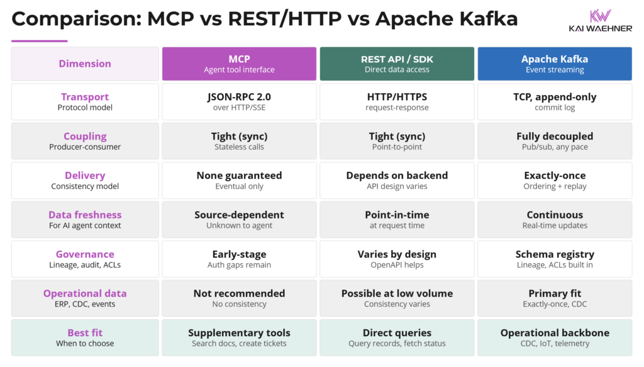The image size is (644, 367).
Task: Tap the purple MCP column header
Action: [x=239, y=64]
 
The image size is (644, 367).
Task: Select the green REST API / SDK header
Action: [x=397, y=64]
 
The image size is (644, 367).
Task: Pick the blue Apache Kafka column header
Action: [x=555, y=64]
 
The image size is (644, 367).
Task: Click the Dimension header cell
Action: [x=85, y=64]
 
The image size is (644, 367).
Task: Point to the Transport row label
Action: [x=85, y=101]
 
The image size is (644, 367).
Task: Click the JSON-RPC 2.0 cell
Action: [x=239, y=101]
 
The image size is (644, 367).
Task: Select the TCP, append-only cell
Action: [x=555, y=101]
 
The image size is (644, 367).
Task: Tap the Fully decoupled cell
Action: [x=555, y=141]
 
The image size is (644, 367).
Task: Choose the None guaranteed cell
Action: [x=239, y=180]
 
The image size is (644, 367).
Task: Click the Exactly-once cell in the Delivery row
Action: [x=555, y=180]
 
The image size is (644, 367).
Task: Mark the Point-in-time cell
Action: [x=397, y=220]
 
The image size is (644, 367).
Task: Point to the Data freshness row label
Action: [x=85, y=220]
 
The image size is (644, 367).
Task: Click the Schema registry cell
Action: [x=555, y=259]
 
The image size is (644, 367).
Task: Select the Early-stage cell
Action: [x=239, y=259]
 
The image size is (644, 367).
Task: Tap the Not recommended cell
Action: [x=239, y=298]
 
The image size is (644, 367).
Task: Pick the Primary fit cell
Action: [x=555, y=298]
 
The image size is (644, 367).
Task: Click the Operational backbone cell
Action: [x=555, y=337]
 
